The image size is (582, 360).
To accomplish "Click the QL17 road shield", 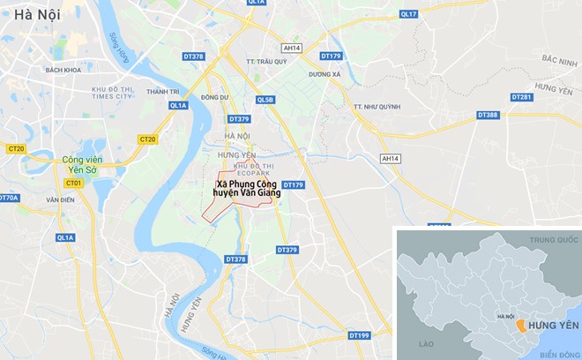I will tap(407, 14).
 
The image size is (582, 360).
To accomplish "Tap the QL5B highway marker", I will tap(265, 100).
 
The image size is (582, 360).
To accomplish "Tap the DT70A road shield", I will tap(8, 198).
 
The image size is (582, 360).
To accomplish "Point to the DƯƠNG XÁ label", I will tap(325, 75).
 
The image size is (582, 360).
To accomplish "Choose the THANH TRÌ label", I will tap(163, 91).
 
